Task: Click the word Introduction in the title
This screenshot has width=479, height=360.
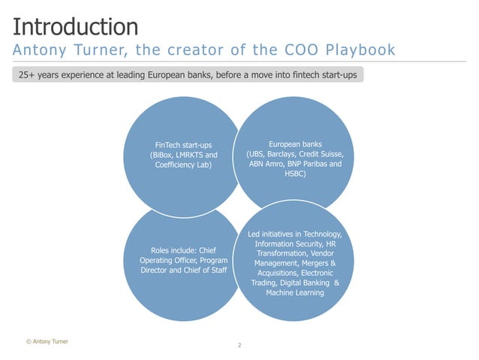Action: tap(75, 27)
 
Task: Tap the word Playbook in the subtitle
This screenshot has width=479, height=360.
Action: tap(358, 51)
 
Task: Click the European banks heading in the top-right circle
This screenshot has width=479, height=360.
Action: tap(294, 144)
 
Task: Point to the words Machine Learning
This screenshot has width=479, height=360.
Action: tap(294, 293)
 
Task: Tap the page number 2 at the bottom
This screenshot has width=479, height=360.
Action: tap(239, 345)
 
